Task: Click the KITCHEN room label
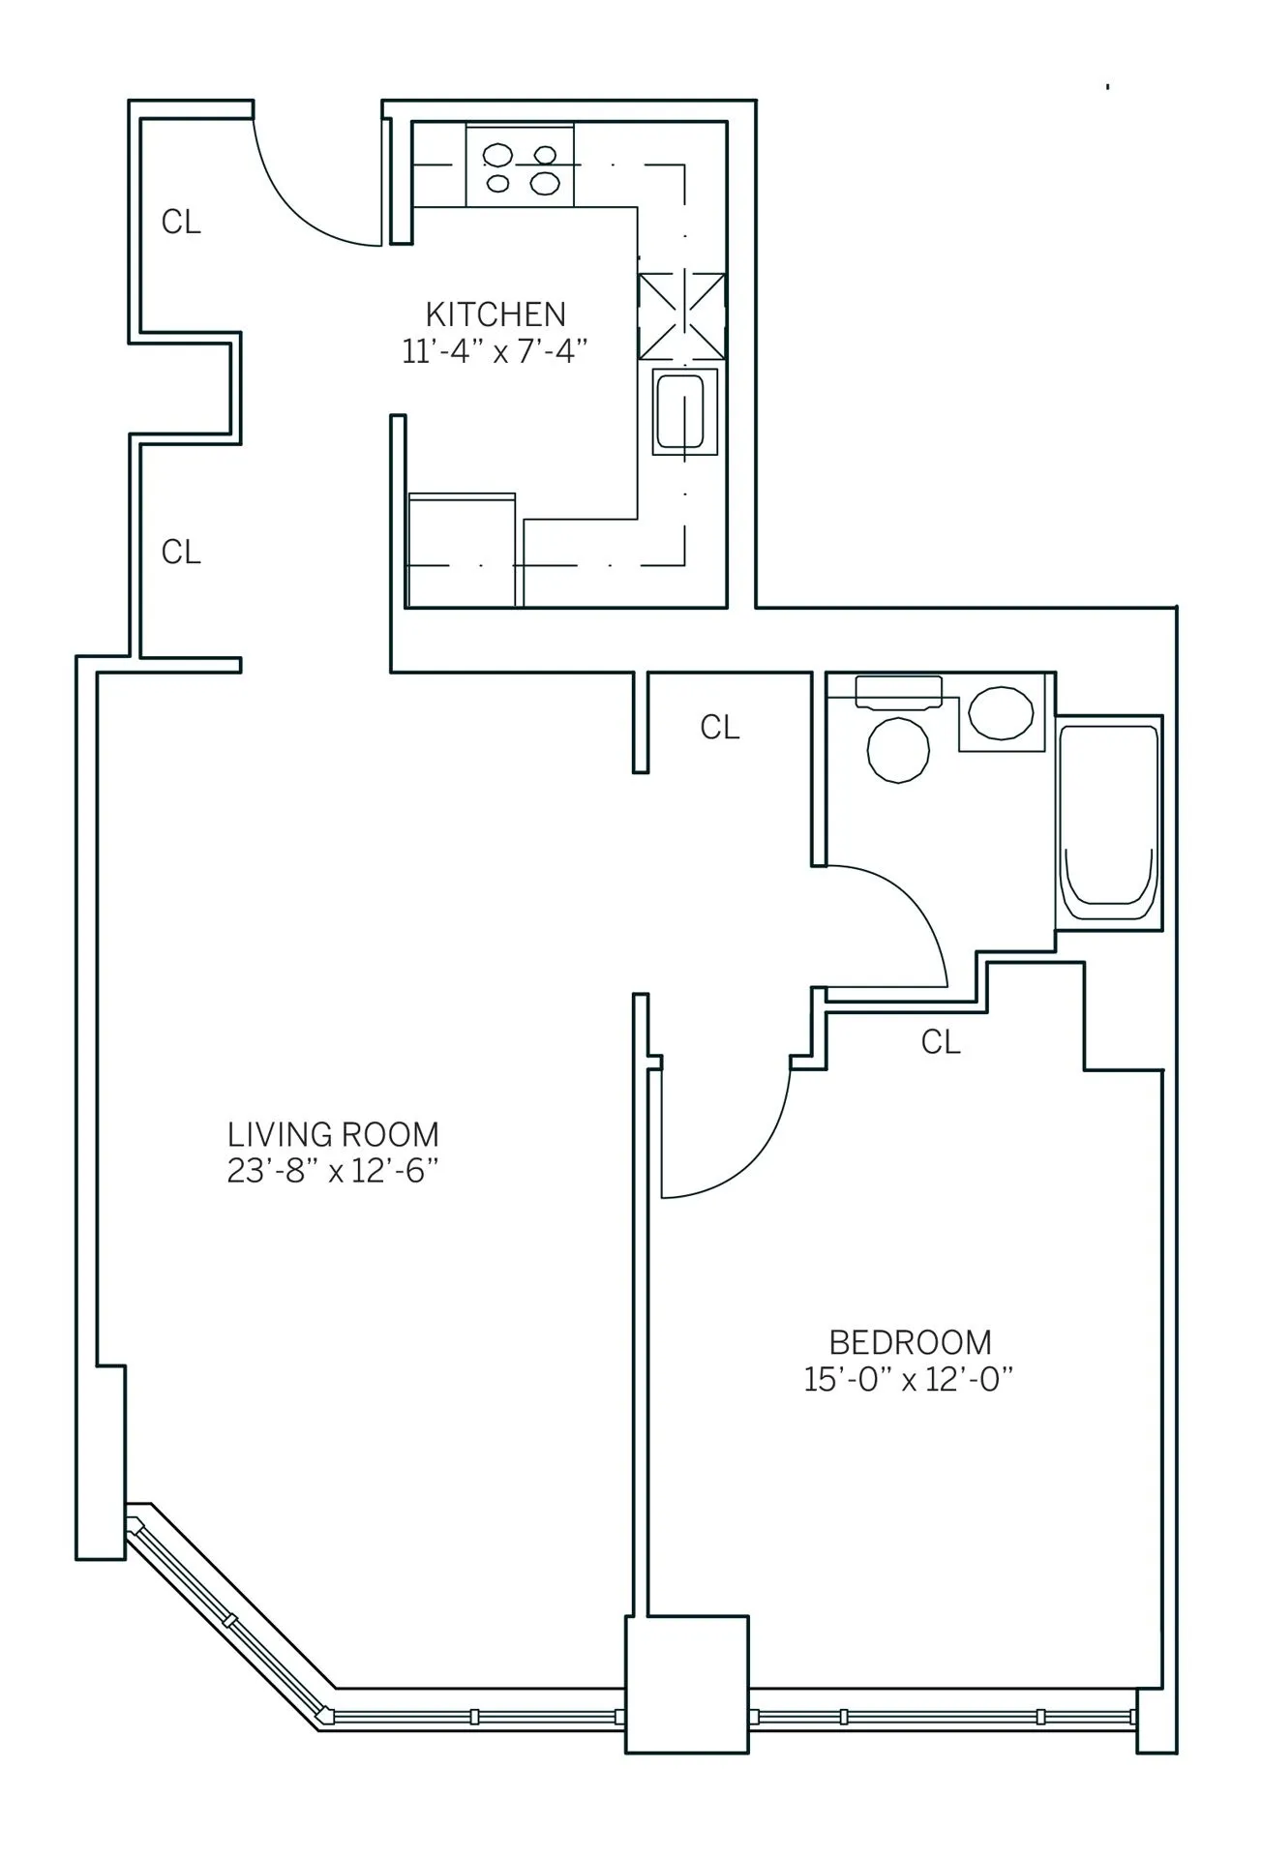pos(496,314)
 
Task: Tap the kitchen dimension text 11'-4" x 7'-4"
pos(496,350)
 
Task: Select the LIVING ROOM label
pos(333,1133)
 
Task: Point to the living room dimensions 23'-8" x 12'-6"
pos(333,1171)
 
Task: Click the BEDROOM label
pos(910,1342)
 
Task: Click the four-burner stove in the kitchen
pos(520,165)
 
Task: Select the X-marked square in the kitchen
pos(681,316)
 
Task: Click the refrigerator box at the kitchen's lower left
pos(462,550)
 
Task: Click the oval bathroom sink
pos(1001,713)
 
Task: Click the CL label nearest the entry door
pos(181,223)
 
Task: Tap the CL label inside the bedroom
pos(940,1042)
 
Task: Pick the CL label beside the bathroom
pos(719,727)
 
